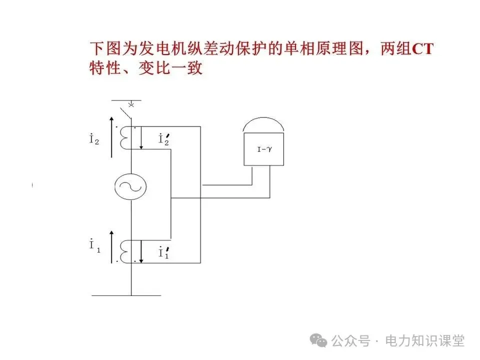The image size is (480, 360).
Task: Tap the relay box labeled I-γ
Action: (263, 148)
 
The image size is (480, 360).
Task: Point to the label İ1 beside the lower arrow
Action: (94, 246)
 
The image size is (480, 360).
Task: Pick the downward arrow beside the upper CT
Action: (142, 138)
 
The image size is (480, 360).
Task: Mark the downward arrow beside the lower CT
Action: (142, 251)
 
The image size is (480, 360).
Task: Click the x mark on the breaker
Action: (131, 104)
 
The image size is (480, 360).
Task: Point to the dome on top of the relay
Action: (263, 126)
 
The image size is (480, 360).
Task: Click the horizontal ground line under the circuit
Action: (126, 295)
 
